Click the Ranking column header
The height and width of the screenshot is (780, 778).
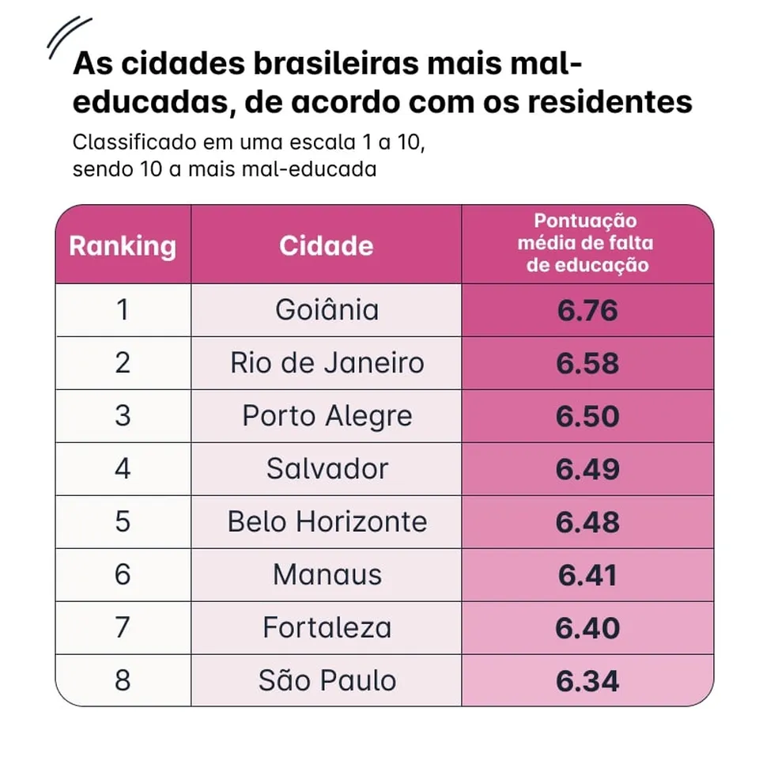click(x=123, y=245)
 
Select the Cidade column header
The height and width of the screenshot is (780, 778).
click(x=326, y=245)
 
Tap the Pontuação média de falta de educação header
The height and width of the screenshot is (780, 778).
click(x=587, y=243)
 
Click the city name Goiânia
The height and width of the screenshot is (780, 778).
click(x=327, y=310)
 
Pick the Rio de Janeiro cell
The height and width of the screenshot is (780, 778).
click(x=327, y=363)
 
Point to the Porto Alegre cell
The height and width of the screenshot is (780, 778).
click(x=327, y=416)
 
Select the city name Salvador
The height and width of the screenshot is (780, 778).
click(x=327, y=469)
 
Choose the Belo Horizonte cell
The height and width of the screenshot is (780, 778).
click(x=327, y=522)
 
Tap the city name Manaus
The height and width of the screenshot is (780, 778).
click(x=327, y=575)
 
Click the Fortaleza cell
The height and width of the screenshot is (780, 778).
click(x=327, y=628)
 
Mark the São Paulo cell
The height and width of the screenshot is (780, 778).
click(x=327, y=681)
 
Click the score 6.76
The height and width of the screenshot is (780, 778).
click(x=587, y=310)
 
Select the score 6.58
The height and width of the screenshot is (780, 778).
click(x=587, y=363)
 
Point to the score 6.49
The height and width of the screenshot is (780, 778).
click(x=587, y=469)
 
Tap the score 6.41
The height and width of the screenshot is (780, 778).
click(x=587, y=575)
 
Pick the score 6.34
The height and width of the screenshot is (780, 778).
click(x=587, y=681)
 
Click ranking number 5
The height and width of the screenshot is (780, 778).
click(x=123, y=522)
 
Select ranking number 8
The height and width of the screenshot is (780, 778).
click(x=123, y=681)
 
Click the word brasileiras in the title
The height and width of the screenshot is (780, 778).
click(x=319, y=65)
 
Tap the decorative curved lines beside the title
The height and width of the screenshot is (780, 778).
click(x=68, y=37)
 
